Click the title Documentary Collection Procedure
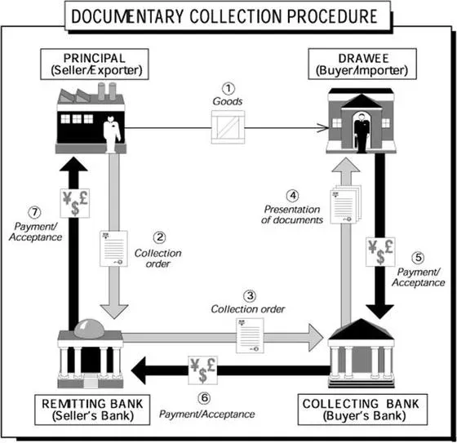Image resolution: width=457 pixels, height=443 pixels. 228,16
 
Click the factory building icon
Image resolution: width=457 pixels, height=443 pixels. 89,116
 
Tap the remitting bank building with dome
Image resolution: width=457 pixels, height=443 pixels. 90,348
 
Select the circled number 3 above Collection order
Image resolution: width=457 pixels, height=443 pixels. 250,295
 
